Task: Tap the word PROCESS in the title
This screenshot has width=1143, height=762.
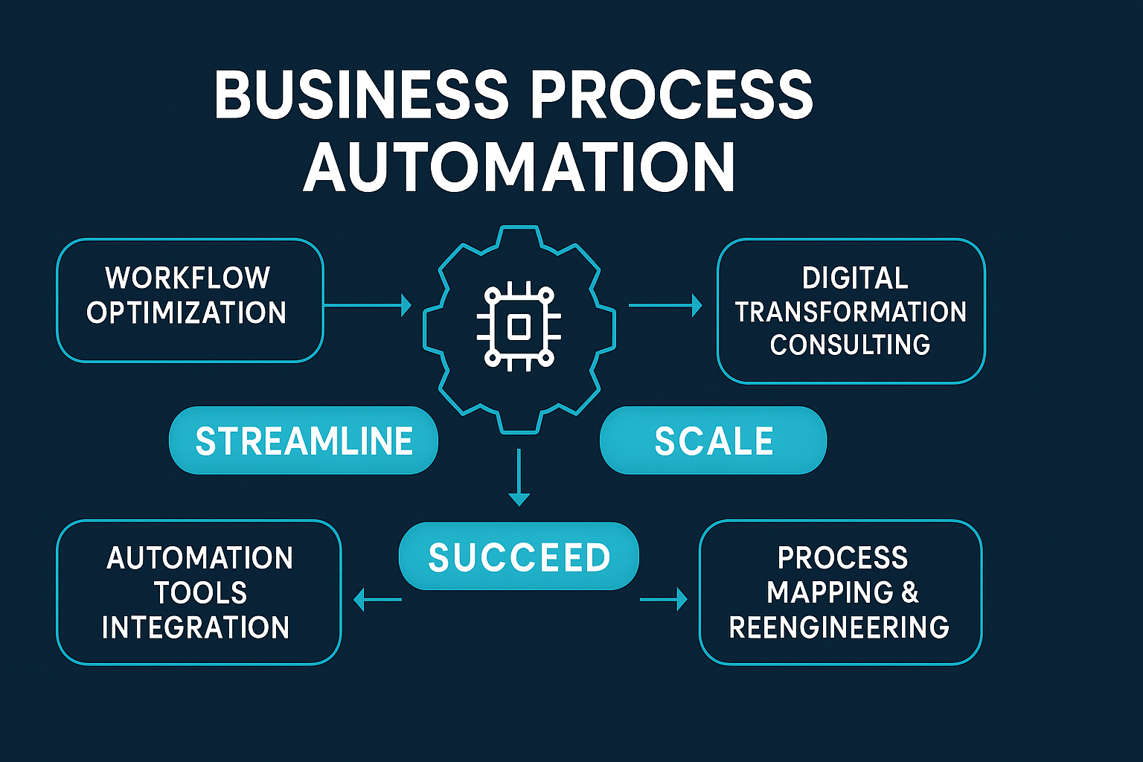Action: [x=672, y=95]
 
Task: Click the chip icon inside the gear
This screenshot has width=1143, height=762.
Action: [x=519, y=327]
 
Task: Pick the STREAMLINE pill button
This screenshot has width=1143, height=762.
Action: [x=304, y=441]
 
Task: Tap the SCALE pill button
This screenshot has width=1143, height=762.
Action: [x=713, y=441]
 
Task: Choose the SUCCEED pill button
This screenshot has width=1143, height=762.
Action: [x=519, y=557]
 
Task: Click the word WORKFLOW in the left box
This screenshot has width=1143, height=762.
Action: [x=188, y=278]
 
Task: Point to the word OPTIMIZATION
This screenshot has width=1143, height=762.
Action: [x=186, y=313]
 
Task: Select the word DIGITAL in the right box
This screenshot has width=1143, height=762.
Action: [x=855, y=278]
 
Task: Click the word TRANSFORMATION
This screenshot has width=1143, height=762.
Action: [x=851, y=312]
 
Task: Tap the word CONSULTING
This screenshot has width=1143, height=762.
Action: [x=850, y=345]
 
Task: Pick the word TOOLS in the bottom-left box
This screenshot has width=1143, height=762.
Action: [x=200, y=593]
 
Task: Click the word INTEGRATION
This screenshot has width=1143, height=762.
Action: [x=196, y=627]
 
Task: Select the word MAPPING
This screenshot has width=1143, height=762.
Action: [x=830, y=592]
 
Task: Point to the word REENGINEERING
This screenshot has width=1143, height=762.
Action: [x=839, y=627]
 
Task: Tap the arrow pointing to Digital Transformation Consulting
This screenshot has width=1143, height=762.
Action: [x=665, y=305]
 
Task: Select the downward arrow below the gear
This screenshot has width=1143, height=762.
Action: [x=519, y=477]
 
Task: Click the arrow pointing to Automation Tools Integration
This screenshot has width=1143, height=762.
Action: [x=377, y=599]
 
